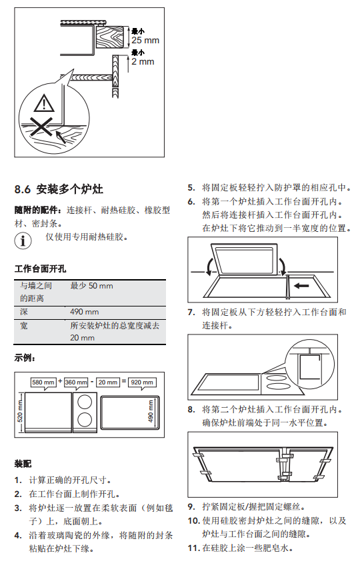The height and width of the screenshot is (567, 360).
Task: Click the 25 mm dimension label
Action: coord(145,40)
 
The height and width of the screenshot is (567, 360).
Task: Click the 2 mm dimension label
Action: coord(143,61)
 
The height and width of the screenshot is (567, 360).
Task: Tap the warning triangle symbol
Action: coord(44,103)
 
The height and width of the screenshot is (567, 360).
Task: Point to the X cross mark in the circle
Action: coord(41,127)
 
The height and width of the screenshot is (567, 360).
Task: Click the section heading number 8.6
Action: coord(23,189)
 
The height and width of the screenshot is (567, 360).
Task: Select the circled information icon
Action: coord(23,241)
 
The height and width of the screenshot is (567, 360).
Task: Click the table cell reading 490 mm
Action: coord(84,312)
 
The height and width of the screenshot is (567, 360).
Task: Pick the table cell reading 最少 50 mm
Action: coord(91,286)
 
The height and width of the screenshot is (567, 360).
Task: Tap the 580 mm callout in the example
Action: coord(43,382)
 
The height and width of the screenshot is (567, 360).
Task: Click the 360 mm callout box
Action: coord(76,382)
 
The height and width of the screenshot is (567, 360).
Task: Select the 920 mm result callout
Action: coord(142,382)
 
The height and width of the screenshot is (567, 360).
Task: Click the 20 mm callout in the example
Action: coord(108,382)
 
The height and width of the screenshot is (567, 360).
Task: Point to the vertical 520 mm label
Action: coord(20,411)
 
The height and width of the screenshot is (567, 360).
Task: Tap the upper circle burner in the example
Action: coord(85,402)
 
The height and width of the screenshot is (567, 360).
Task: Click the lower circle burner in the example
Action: coord(85,420)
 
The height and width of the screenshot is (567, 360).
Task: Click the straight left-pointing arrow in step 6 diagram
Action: coord(301,286)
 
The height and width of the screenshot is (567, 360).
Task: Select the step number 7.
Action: coord(191,312)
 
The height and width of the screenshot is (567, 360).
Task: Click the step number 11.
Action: coord(193,548)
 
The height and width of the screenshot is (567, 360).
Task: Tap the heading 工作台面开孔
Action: coord(40,269)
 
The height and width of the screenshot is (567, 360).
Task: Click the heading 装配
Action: coord(23,464)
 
